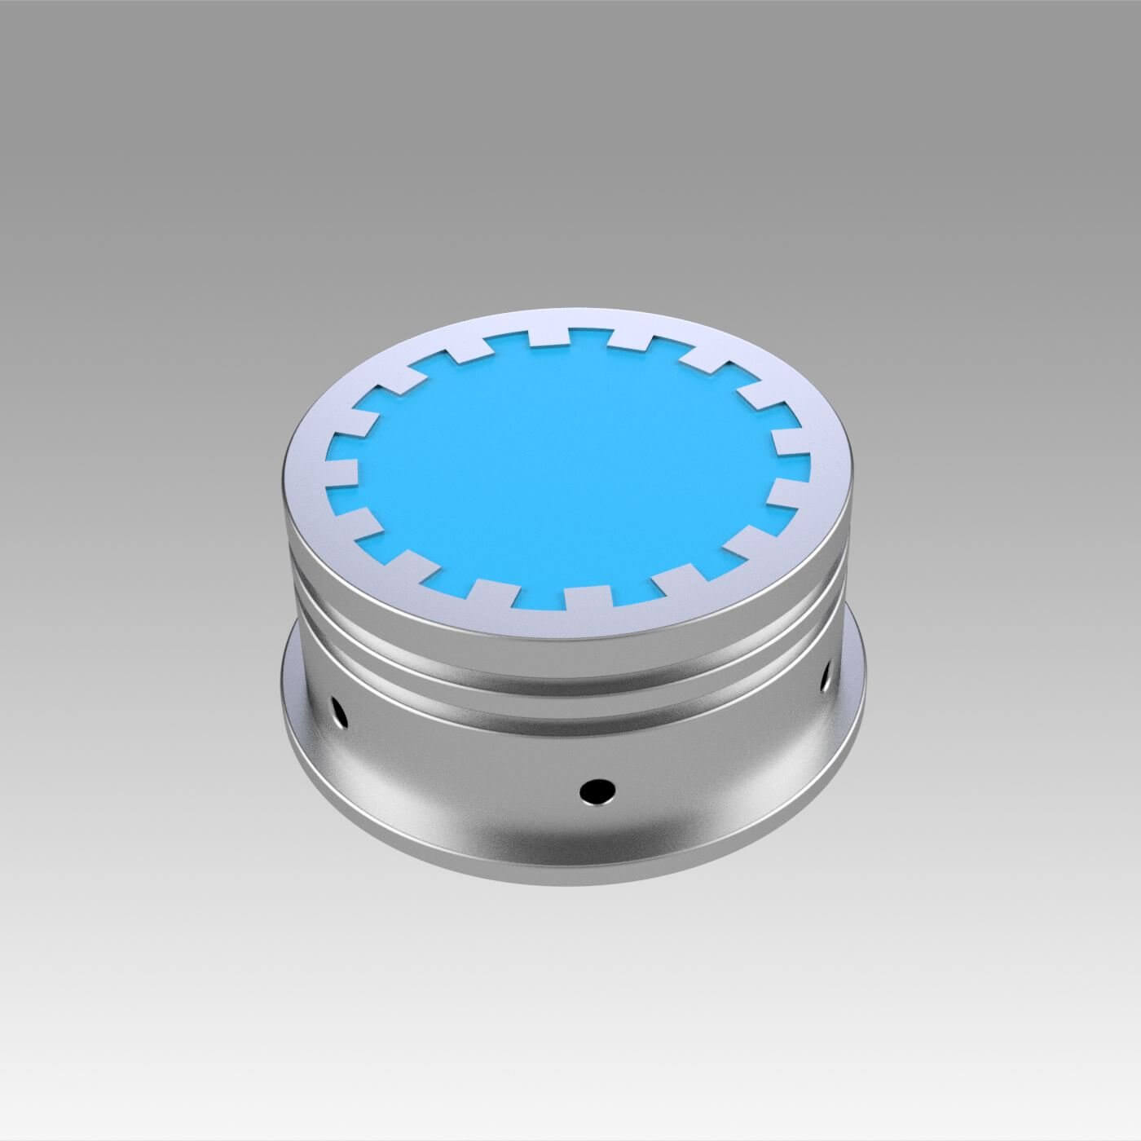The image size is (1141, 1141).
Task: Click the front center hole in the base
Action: [x=597, y=789]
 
